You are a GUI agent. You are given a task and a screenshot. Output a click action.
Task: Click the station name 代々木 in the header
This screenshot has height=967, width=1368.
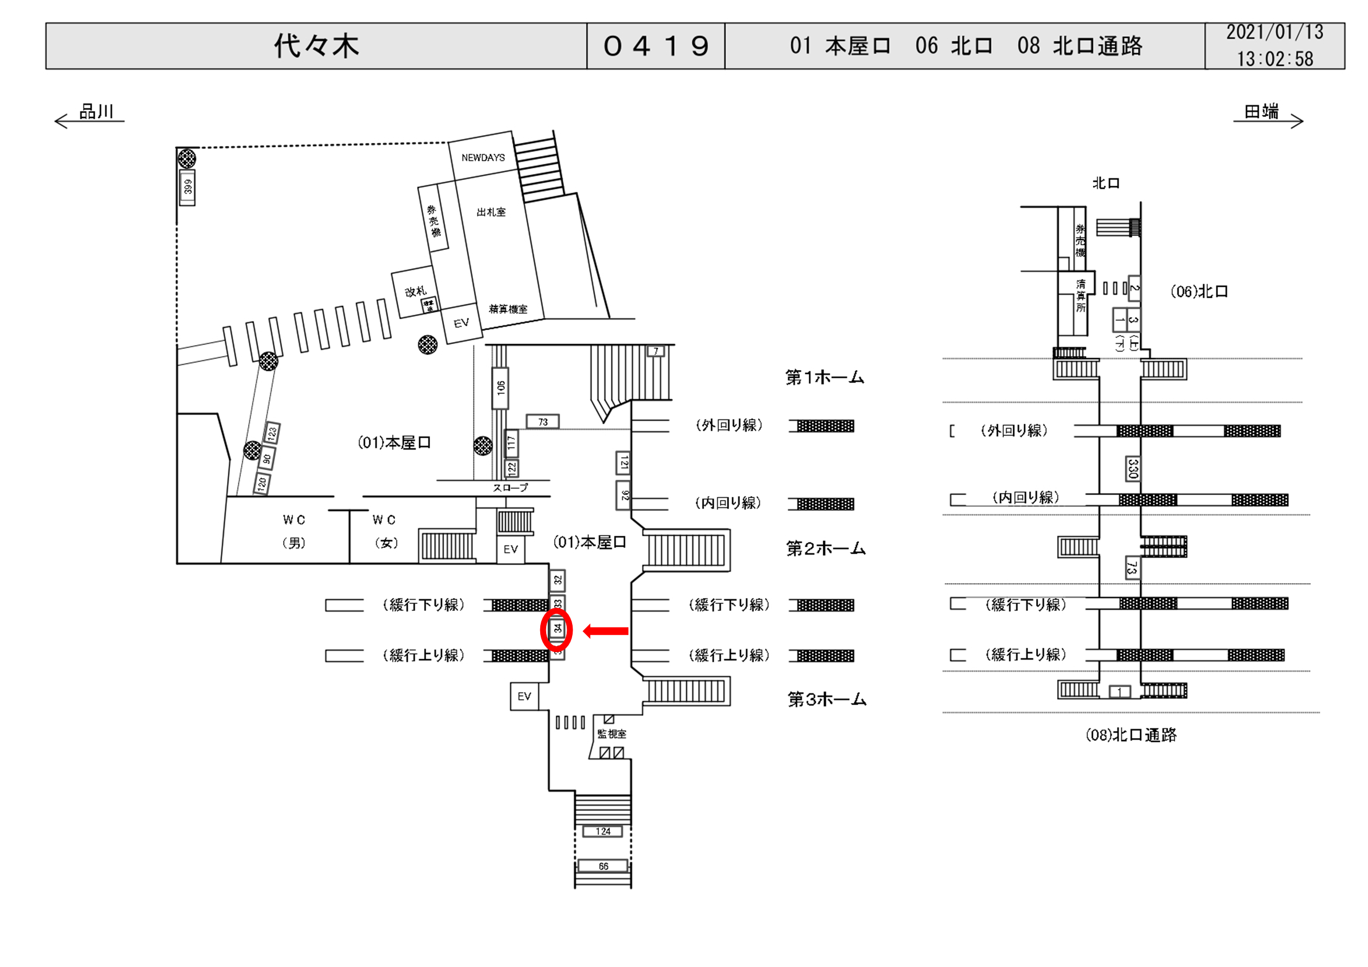tap(316, 46)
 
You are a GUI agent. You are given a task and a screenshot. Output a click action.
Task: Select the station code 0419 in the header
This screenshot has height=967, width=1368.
tap(655, 46)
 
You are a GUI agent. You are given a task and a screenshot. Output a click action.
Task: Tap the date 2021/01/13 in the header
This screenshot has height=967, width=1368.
tap(1274, 32)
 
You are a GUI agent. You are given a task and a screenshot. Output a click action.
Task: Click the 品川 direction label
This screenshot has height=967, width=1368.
tap(96, 112)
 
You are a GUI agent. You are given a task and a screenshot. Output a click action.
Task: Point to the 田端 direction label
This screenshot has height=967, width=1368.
tap(1261, 112)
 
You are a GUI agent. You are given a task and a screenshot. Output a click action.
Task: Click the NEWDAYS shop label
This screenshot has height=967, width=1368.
tap(482, 158)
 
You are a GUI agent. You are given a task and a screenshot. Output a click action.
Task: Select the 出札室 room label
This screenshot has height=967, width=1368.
tap(491, 212)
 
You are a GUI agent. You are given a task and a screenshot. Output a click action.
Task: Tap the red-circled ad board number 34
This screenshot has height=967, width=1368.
tap(557, 629)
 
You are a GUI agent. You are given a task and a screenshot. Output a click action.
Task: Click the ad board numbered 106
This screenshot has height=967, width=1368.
tap(500, 387)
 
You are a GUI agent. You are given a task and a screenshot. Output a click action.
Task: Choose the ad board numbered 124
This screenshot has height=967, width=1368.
tap(603, 831)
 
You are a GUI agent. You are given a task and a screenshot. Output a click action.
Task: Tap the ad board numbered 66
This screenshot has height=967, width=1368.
tap(603, 866)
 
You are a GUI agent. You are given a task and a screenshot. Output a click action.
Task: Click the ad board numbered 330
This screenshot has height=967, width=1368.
tap(1133, 469)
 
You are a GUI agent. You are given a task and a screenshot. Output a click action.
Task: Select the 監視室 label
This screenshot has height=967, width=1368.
tap(612, 734)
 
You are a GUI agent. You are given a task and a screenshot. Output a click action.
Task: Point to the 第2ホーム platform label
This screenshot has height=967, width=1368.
tap(825, 548)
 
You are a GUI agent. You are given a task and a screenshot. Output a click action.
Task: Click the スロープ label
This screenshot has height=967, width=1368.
tap(510, 487)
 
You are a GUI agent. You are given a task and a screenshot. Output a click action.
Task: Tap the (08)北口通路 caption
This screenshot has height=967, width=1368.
tap(1130, 735)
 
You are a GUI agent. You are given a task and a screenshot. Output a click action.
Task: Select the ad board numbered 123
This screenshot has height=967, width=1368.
tap(272, 433)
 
